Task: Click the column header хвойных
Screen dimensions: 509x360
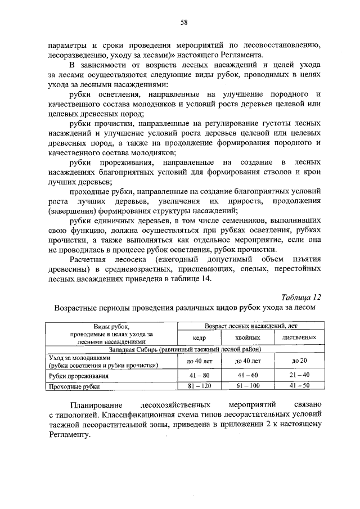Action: pos(247,337)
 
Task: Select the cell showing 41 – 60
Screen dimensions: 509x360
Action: pos(247,375)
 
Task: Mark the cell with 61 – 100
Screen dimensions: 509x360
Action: pos(247,386)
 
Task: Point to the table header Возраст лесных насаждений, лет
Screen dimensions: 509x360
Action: pos(246,326)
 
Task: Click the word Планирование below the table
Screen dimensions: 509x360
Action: pos(93,405)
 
